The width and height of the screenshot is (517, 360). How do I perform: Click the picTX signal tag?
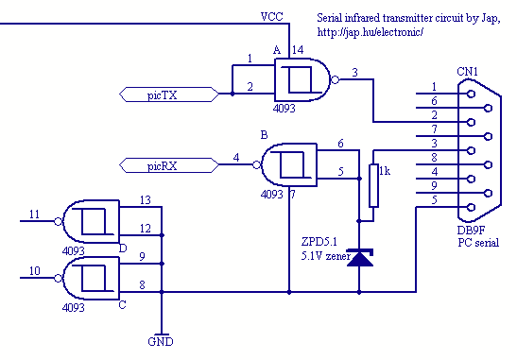(169, 94)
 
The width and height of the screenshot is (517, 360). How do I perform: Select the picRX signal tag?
(169, 165)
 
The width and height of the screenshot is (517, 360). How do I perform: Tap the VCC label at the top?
(271, 16)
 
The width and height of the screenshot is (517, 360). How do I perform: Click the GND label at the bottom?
(161, 341)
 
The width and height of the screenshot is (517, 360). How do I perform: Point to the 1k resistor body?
(373, 185)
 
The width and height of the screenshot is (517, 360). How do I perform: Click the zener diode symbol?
(360, 257)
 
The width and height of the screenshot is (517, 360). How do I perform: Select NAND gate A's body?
(302, 79)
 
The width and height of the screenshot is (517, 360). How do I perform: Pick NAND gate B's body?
(289, 164)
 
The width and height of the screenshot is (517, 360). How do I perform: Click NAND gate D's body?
(91, 221)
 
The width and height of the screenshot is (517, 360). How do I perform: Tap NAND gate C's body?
(91, 278)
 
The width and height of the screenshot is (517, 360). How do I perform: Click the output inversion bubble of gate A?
(335, 79)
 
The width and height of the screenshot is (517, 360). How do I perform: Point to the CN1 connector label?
(467, 72)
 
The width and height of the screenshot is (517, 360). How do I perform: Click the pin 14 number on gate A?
(298, 50)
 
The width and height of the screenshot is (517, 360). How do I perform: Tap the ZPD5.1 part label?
(319, 242)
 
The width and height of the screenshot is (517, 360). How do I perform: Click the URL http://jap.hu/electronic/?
(370, 32)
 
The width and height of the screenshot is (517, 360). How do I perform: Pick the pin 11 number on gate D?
(34, 214)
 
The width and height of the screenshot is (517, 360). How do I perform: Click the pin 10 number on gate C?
(35, 271)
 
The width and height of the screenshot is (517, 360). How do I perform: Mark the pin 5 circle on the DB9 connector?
(472, 207)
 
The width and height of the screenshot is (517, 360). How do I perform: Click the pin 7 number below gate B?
(292, 195)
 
